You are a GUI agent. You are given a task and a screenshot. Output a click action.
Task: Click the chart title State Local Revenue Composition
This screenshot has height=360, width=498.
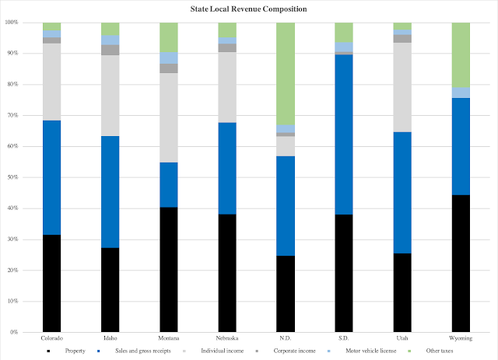[248, 9]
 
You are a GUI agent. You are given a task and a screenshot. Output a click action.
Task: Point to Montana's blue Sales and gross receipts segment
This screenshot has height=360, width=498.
[169, 184]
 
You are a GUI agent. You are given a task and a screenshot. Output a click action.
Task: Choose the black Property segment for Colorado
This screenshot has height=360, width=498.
[52, 283]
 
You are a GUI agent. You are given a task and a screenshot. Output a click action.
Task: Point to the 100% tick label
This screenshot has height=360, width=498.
[11, 23]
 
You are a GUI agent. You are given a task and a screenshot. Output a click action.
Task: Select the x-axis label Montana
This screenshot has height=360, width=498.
[169, 339]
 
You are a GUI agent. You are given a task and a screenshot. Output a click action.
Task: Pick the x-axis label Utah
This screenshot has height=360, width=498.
[402, 339]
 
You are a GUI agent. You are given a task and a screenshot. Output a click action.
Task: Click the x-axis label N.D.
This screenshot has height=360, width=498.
[286, 339]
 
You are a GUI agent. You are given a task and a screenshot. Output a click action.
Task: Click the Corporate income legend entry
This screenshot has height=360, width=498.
[294, 351]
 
